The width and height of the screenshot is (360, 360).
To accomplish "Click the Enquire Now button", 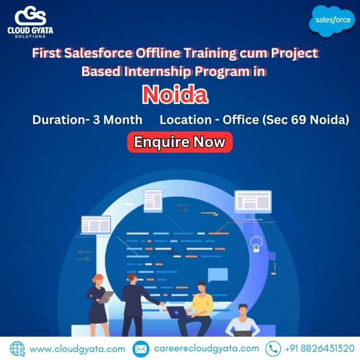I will point(180,142).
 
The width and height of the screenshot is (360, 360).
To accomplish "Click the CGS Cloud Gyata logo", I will point(30,20).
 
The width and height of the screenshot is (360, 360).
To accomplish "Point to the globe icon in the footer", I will point(17,349).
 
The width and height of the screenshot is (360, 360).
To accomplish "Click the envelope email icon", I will point(140,349).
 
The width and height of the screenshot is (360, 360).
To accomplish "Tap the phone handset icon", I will point(273,349).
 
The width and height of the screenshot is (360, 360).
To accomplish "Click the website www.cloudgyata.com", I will point(77,349).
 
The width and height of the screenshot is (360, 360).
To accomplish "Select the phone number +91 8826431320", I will point(319,349).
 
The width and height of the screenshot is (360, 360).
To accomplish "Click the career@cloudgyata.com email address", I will point(207,348).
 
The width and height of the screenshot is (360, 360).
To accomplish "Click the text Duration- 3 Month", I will point(87,120).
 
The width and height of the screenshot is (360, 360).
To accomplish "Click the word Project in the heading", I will point(296,53).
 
